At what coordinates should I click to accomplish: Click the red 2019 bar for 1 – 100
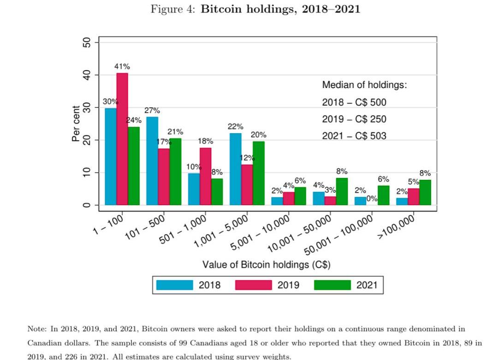click(x=122, y=138)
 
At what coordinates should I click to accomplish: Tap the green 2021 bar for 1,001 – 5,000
click(x=259, y=173)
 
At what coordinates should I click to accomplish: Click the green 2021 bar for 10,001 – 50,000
click(x=342, y=191)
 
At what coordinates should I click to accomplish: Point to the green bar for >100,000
click(x=425, y=192)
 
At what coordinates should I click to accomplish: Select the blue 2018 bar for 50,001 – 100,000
click(x=361, y=201)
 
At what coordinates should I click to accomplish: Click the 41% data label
click(x=122, y=66)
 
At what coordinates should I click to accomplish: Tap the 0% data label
click(x=372, y=199)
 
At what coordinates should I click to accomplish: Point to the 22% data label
click(x=235, y=126)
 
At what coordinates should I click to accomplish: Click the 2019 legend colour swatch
click(x=253, y=285)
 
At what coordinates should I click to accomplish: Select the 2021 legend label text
click(x=367, y=285)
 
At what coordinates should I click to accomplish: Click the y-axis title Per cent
click(x=76, y=124)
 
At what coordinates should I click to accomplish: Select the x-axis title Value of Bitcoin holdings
click(x=266, y=265)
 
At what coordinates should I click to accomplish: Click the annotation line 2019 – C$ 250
click(x=354, y=119)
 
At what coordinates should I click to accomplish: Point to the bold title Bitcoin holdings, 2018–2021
click(x=280, y=9)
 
